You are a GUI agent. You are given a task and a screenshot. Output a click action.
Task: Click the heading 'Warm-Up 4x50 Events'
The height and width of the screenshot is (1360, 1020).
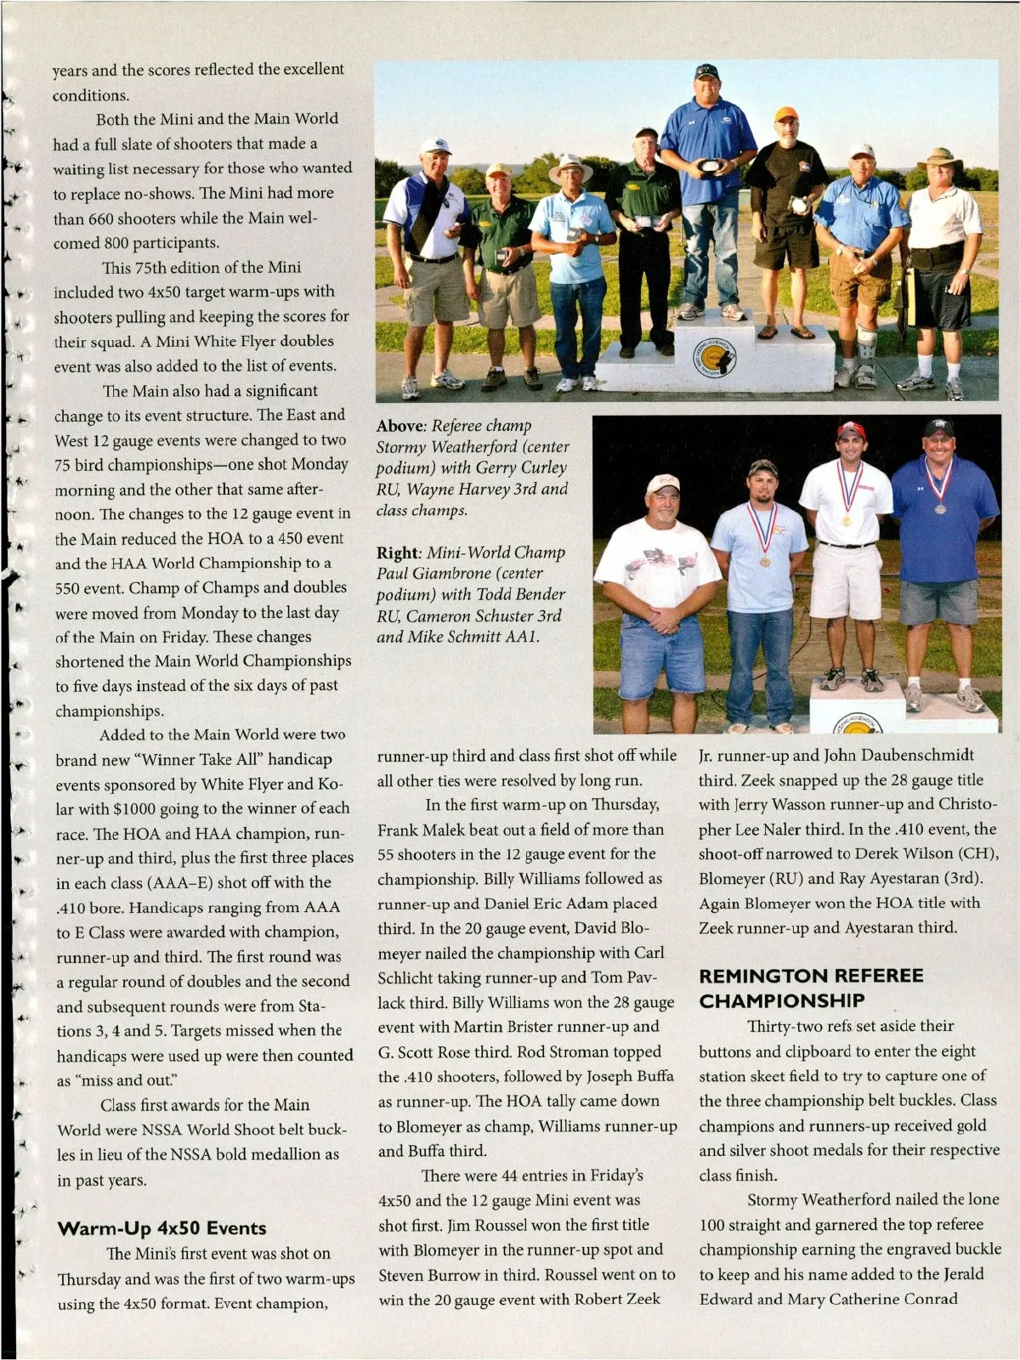click(x=161, y=1227)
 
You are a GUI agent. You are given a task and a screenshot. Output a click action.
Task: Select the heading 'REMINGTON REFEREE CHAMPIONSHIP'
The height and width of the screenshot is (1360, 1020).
click(x=811, y=988)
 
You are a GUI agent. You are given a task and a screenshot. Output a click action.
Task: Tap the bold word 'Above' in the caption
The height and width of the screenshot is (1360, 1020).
click(x=400, y=426)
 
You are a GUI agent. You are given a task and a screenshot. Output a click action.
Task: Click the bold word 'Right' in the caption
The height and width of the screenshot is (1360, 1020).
click(x=397, y=552)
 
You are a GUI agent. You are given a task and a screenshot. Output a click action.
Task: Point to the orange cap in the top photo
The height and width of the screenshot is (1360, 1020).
click(x=786, y=114)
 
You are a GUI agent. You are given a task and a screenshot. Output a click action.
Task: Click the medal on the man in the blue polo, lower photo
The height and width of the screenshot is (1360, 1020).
click(x=940, y=508)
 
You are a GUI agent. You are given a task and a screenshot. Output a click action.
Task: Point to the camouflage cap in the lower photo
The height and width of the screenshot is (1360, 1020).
click(x=762, y=468)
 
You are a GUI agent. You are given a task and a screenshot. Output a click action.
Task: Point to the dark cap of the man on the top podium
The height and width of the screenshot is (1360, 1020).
click(x=706, y=71)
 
